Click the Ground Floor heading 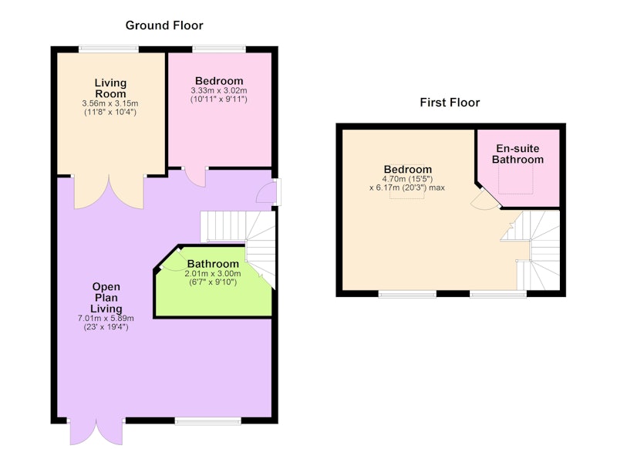(x=164, y=25)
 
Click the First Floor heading (x=450, y=103)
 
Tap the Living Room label (x=110, y=89)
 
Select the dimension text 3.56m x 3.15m (x=110, y=103)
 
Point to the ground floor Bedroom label (x=219, y=81)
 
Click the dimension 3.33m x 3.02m (x=219, y=90)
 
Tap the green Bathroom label (x=213, y=264)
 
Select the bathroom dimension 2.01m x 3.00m (x=213, y=274)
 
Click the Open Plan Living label (x=106, y=298)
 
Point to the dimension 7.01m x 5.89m (x=106, y=319)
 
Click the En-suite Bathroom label (x=518, y=154)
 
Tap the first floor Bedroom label (x=408, y=169)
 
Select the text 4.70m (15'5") (x=407, y=179)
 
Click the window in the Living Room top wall (x=109, y=49)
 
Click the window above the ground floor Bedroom (x=219, y=49)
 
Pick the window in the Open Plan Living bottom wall (x=208, y=421)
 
